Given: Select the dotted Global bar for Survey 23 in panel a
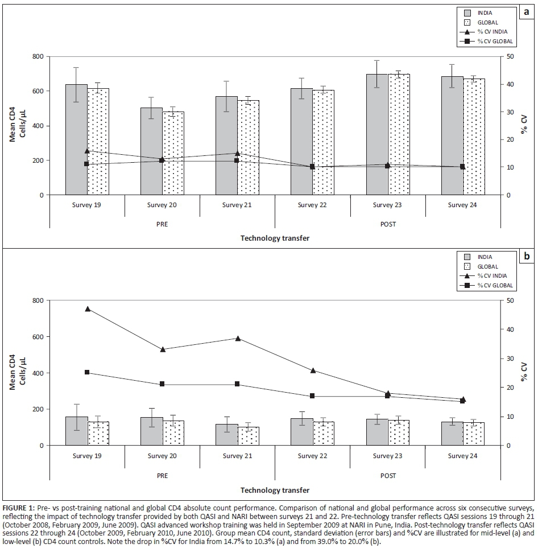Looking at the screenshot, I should coord(399,137).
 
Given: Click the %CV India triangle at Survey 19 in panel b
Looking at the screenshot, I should coord(88,309).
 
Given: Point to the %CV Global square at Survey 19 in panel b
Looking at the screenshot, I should coord(87,372).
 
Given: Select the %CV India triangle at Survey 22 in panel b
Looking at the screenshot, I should coord(312,370).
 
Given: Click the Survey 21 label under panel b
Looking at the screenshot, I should coord(237,456).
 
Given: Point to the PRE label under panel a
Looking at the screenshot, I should coord(162,224).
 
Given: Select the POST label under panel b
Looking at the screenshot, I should coord(388,476).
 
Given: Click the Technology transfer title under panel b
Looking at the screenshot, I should coord(275,490).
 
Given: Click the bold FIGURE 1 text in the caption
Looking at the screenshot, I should coord(18,506).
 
